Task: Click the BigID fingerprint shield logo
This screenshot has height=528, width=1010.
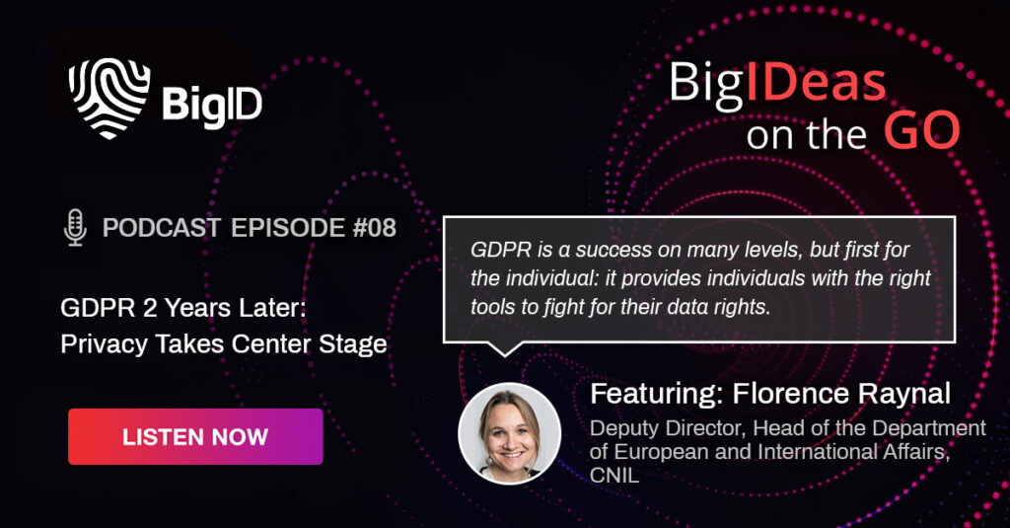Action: (109, 98)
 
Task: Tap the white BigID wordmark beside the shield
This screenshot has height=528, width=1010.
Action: (212, 105)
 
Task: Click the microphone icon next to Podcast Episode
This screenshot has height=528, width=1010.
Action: (75, 228)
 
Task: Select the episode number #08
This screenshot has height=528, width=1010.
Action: (374, 228)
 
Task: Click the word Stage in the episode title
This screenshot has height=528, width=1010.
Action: (353, 344)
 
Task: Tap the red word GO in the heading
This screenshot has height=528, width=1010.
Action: (922, 131)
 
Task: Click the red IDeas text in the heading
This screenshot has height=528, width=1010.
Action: (816, 83)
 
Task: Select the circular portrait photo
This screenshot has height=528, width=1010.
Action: (510, 434)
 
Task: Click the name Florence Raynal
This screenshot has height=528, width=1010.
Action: (841, 393)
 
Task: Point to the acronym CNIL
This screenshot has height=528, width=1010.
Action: (614, 475)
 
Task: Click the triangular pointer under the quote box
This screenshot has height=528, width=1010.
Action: (504, 348)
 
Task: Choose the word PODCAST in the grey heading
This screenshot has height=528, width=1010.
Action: (162, 228)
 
